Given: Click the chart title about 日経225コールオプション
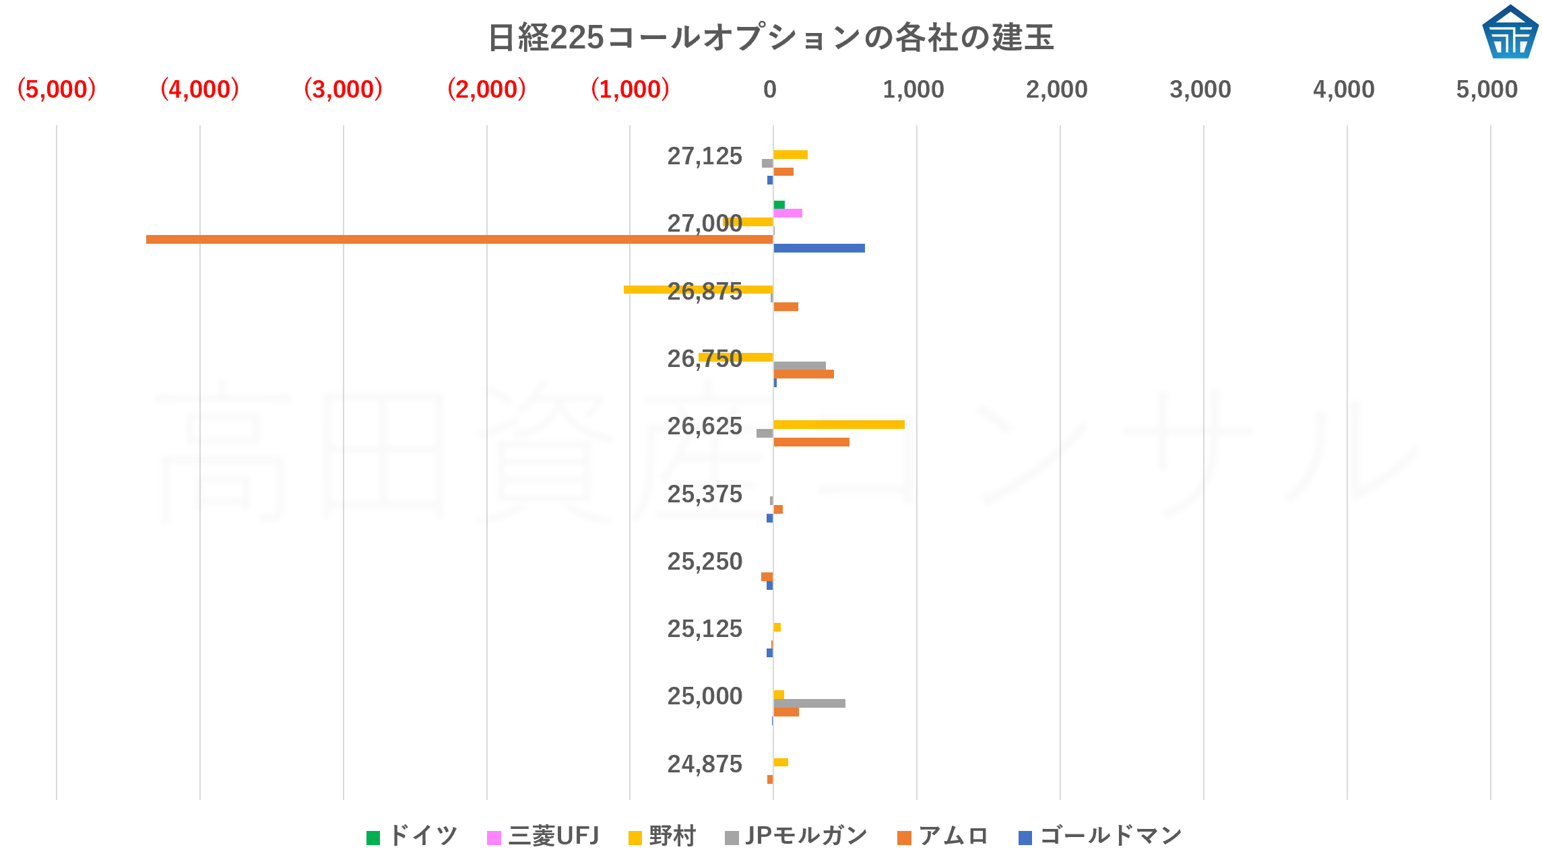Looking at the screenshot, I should (x=770, y=38).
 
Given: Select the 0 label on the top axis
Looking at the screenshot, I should (x=770, y=90).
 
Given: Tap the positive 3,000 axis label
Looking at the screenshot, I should (x=1200, y=90).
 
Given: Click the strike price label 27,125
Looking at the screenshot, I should (x=705, y=156).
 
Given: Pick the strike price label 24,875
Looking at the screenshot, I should (x=705, y=764).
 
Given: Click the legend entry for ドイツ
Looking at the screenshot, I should (x=412, y=836).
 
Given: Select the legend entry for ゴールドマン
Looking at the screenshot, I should (x=1101, y=836).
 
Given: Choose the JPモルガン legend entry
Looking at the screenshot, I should (x=796, y=836).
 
